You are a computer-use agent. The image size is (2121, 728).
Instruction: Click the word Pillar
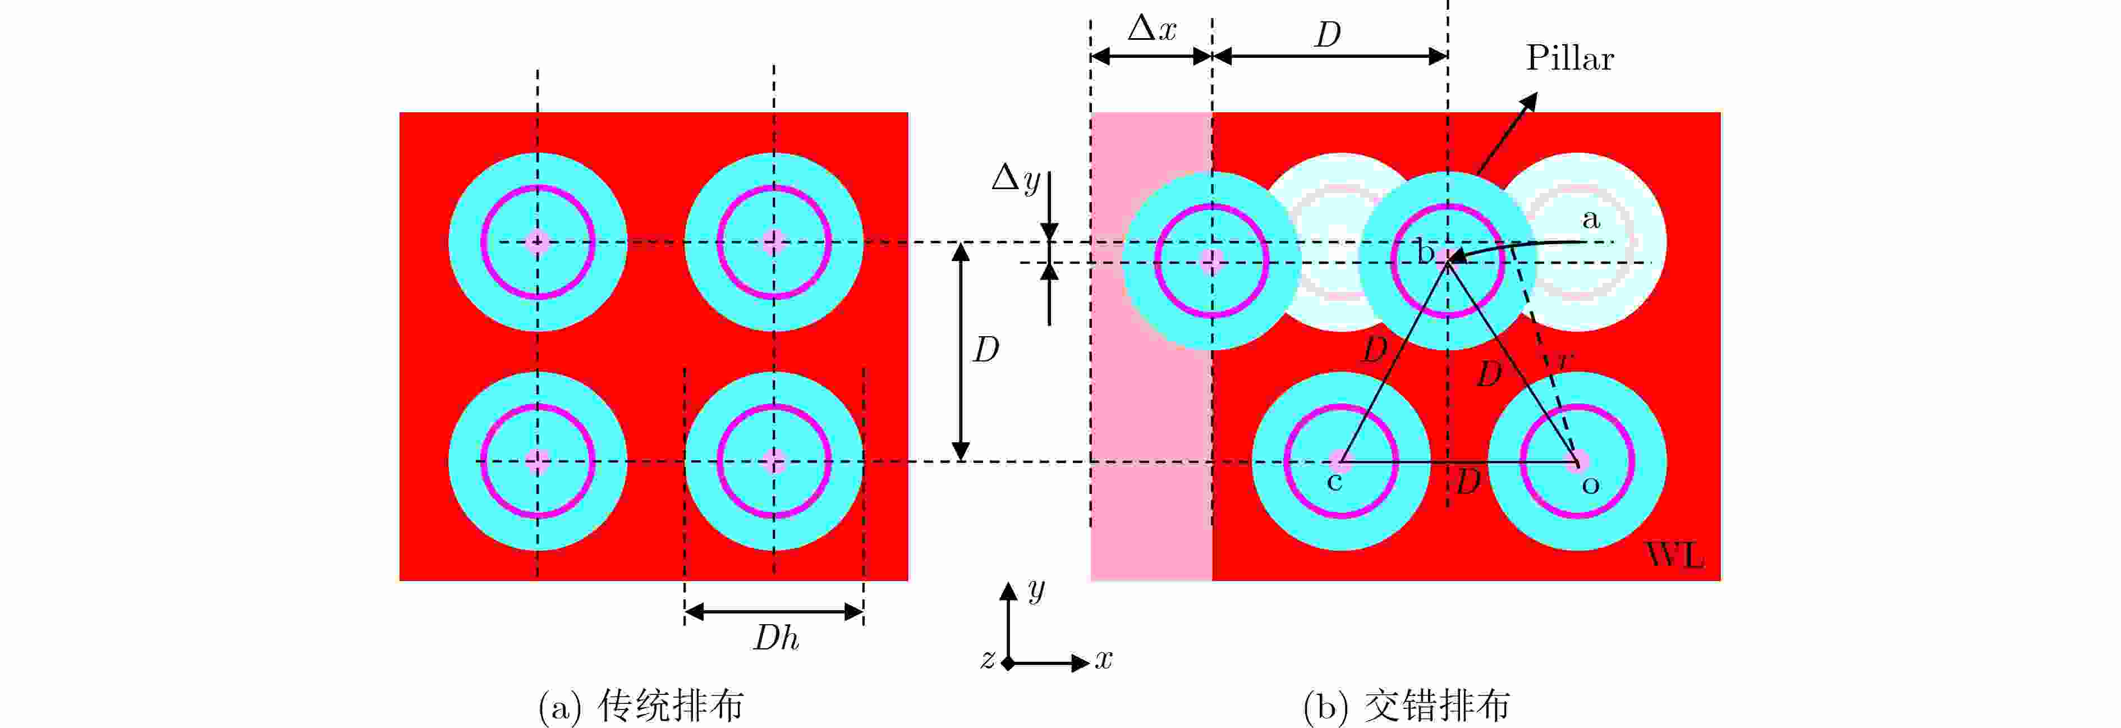1569,58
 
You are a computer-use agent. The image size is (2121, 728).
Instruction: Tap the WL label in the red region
1675,556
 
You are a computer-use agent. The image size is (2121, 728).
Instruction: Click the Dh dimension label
775,638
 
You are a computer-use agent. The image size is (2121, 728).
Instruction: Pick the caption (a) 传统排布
641,706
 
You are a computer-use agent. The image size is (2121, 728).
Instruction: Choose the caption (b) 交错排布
1406,706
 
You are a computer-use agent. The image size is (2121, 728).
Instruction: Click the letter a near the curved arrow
1591,219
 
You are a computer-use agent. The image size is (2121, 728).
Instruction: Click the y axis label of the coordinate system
1036,590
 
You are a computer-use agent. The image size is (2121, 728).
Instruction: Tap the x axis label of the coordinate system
1103,660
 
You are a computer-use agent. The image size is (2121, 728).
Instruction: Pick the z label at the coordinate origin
987,660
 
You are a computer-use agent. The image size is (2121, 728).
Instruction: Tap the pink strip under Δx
1151,346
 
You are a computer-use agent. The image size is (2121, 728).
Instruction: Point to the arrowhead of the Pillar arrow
1530,100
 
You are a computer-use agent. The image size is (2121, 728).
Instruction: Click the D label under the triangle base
1468,482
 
